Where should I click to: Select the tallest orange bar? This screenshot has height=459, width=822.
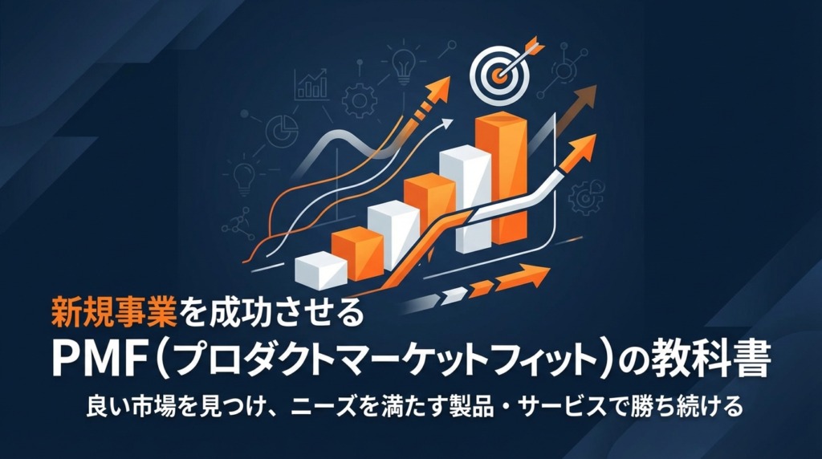501,178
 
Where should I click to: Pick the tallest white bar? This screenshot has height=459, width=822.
466,199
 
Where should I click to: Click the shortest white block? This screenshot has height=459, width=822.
321,270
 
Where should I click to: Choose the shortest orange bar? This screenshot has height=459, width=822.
357,254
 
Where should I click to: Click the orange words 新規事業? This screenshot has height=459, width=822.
115,312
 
